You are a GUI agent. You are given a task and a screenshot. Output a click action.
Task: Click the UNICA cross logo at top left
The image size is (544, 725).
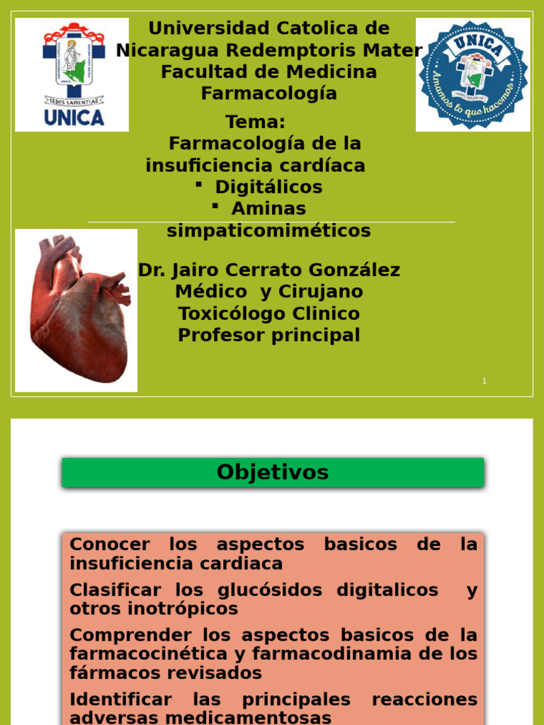(x=72, y=74)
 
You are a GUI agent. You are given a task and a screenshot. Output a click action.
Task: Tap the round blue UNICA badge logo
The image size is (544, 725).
(x=472, y=74)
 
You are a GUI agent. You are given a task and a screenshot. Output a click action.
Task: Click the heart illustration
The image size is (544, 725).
(x=76, y=310)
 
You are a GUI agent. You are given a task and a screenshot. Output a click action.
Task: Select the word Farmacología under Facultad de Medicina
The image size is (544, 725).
(x=268, y=93)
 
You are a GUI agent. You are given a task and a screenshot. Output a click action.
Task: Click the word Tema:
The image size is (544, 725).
(x=255, y=122)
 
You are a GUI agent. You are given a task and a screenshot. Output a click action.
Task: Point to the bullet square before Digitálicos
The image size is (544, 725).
(x=199, y=184)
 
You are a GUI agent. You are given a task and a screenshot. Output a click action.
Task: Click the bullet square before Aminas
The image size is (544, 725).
(x=215, y=205)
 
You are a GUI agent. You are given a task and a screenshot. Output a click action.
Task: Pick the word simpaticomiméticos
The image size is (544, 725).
(x=268, y=231)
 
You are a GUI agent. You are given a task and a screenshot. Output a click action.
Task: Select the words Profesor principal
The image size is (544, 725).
(x=268, y=335)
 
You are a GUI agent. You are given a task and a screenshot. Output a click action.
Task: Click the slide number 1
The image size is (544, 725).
(x=484, y=381)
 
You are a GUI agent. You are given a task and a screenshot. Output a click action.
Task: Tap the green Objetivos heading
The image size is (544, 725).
(x=273, y=472)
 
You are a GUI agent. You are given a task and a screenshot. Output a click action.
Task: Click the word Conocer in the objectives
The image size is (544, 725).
(x=110, y=544)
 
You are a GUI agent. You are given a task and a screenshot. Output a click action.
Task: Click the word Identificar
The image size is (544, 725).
(x=120, y=700)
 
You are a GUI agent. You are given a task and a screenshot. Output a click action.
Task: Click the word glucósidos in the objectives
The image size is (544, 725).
(x=280, y=590)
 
